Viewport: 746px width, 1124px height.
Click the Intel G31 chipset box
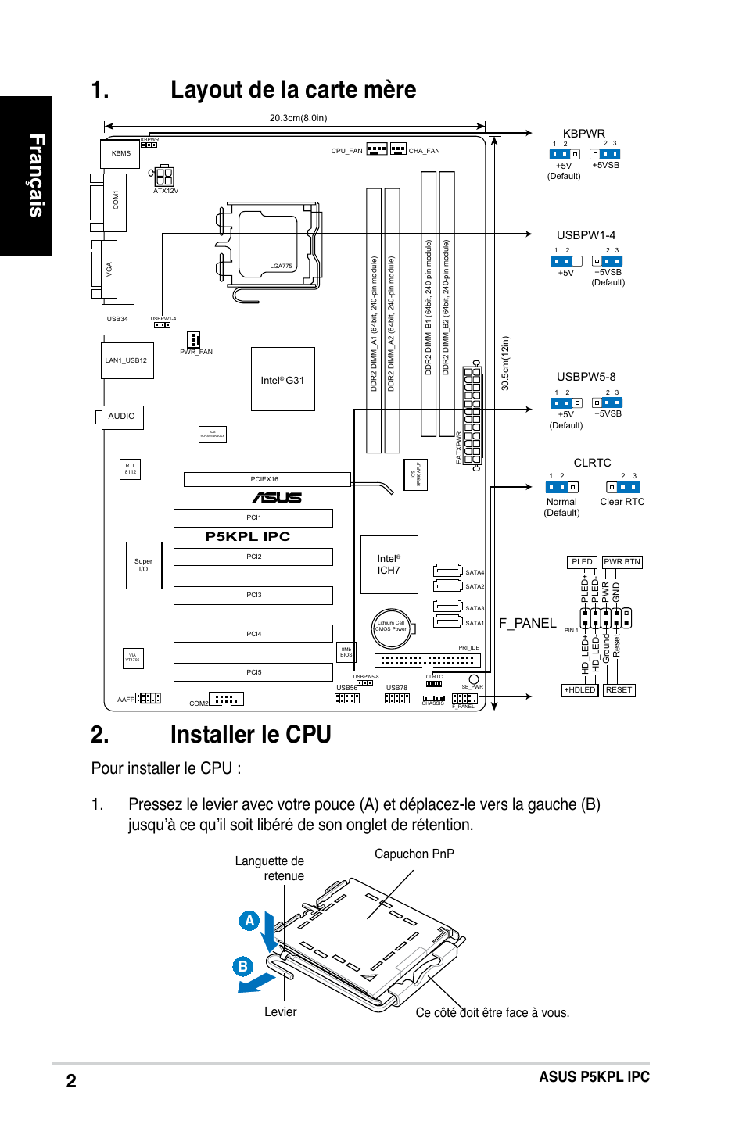282,379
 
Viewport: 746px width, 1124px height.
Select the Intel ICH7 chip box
389,564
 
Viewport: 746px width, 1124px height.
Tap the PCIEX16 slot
266,479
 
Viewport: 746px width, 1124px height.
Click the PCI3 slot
253,595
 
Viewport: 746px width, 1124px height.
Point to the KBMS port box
120,153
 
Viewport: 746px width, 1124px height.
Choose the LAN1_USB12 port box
127,360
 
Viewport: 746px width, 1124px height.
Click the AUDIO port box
122,417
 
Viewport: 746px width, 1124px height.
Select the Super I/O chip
143,565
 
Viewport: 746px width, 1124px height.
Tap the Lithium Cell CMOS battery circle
391,628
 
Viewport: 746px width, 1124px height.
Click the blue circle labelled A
249,920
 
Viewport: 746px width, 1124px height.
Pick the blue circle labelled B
242,966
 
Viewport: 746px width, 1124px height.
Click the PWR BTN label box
622,562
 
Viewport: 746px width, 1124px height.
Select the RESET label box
619,690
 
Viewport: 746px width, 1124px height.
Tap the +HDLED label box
579,690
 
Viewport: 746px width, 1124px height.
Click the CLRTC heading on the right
592,463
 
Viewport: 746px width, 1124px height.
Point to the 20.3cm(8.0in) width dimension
298,118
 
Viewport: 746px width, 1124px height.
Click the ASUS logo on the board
276,497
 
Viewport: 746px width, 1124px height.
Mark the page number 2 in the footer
71,1081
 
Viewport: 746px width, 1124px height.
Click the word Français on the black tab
37,175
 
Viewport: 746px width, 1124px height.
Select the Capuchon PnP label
414,854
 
